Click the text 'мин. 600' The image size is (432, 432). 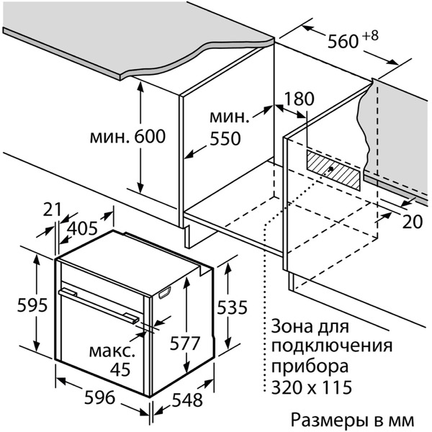tap(128, 136)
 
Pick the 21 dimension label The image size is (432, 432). tap(52, 210)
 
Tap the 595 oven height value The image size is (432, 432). tap(32, 305)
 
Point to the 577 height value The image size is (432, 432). tap(186, 343)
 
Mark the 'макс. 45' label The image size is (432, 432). tap(111, 361)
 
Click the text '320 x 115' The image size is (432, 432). tap(312, 388)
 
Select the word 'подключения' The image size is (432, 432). tap(332, 345)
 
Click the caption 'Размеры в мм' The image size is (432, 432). tap(353, 418)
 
